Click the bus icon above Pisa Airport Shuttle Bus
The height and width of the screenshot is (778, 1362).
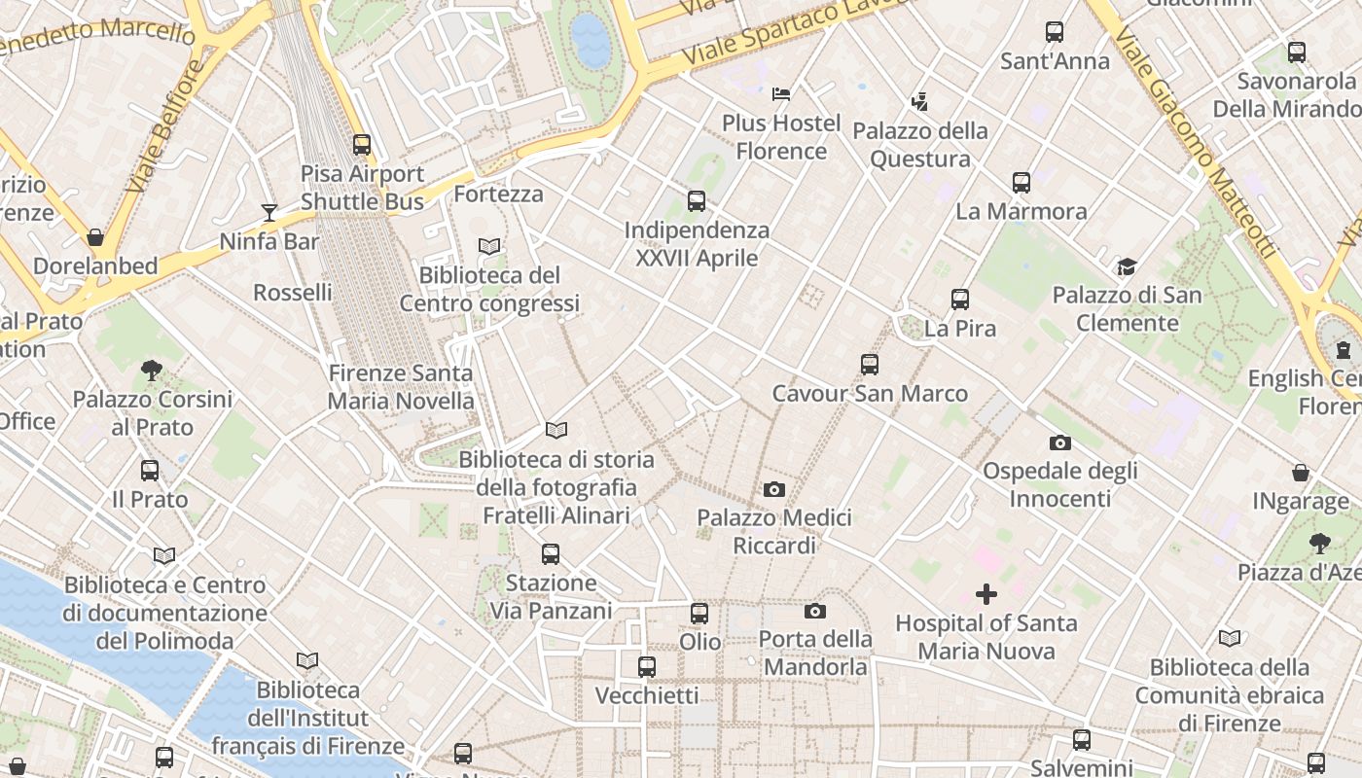point(362,145)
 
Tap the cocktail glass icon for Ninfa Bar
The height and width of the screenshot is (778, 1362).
point(269,212)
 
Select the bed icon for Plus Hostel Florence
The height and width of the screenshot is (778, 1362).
point(780,94)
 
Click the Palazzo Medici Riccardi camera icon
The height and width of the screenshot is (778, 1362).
point(774,489)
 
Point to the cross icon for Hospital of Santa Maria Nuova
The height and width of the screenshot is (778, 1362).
point(986,594)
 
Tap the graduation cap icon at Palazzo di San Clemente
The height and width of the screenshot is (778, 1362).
point(1127,266)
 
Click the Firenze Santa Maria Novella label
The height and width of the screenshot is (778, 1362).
point(401,387)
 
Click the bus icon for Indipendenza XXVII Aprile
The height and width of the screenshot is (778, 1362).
point(697,201)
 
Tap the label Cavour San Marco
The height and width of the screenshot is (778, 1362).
point(870,394)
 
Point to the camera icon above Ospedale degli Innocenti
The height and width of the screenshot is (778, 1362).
point(1060,443)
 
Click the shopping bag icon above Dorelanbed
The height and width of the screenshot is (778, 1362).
point(95,237)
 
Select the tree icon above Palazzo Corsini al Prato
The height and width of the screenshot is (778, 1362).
point(151,370)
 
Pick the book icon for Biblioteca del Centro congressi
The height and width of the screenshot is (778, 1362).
point(489,247)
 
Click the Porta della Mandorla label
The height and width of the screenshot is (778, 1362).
point(815,654)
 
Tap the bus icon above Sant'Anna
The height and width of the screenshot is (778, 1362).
point(1055,32)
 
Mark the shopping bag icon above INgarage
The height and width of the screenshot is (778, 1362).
point(1301,474)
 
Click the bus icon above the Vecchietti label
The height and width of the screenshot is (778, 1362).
point(647,667)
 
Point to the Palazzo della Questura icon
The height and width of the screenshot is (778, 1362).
point(919,101)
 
